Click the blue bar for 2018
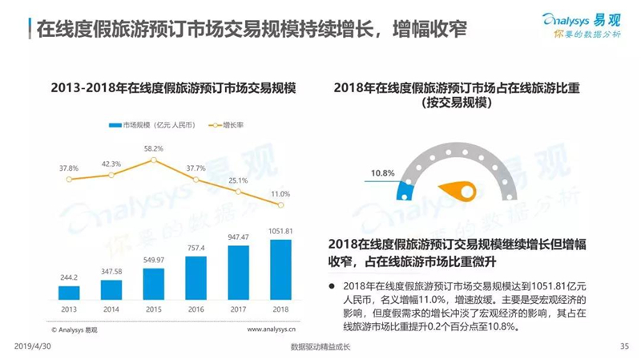coord(281,269)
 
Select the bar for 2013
coord(69,293)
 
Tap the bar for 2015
coord(154,284)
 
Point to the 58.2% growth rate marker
coord(154,160)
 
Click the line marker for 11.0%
coord(281,205)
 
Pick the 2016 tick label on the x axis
coord(196,309)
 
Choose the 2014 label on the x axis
coord(111,309)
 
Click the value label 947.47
coord(238,237)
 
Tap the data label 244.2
coord(69,277)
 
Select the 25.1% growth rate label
coord(238,180)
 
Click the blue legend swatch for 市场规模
coord(115,125)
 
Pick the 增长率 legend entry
coord(226,125)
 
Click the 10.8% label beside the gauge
coord(383,173)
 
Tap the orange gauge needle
coord(458,190)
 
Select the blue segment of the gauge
coord(405,191)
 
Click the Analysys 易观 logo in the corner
coord(582,26)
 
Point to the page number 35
coord(624,346)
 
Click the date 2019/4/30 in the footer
coord(33,346)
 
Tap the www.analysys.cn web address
coord(271,330)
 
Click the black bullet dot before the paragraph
coord(332,286)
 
